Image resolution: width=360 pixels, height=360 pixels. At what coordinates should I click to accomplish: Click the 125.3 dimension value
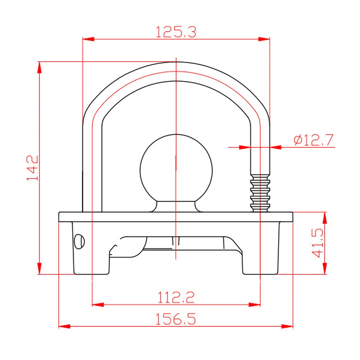coord(176,32)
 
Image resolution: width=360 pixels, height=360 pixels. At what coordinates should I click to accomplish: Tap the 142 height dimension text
coord(32,168)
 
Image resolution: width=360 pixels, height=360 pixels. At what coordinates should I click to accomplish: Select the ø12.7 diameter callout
coord(314,140)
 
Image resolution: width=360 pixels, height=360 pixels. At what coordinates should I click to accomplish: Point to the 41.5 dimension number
coord(318,243)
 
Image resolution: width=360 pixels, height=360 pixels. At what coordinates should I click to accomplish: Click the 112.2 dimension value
coord(176,297)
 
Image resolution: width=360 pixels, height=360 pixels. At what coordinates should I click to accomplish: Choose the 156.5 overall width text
coord(176,319)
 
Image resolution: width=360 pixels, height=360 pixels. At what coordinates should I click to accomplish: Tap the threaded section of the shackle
coord(260,193)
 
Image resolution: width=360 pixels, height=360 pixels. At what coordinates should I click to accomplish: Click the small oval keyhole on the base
coord(79,242)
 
